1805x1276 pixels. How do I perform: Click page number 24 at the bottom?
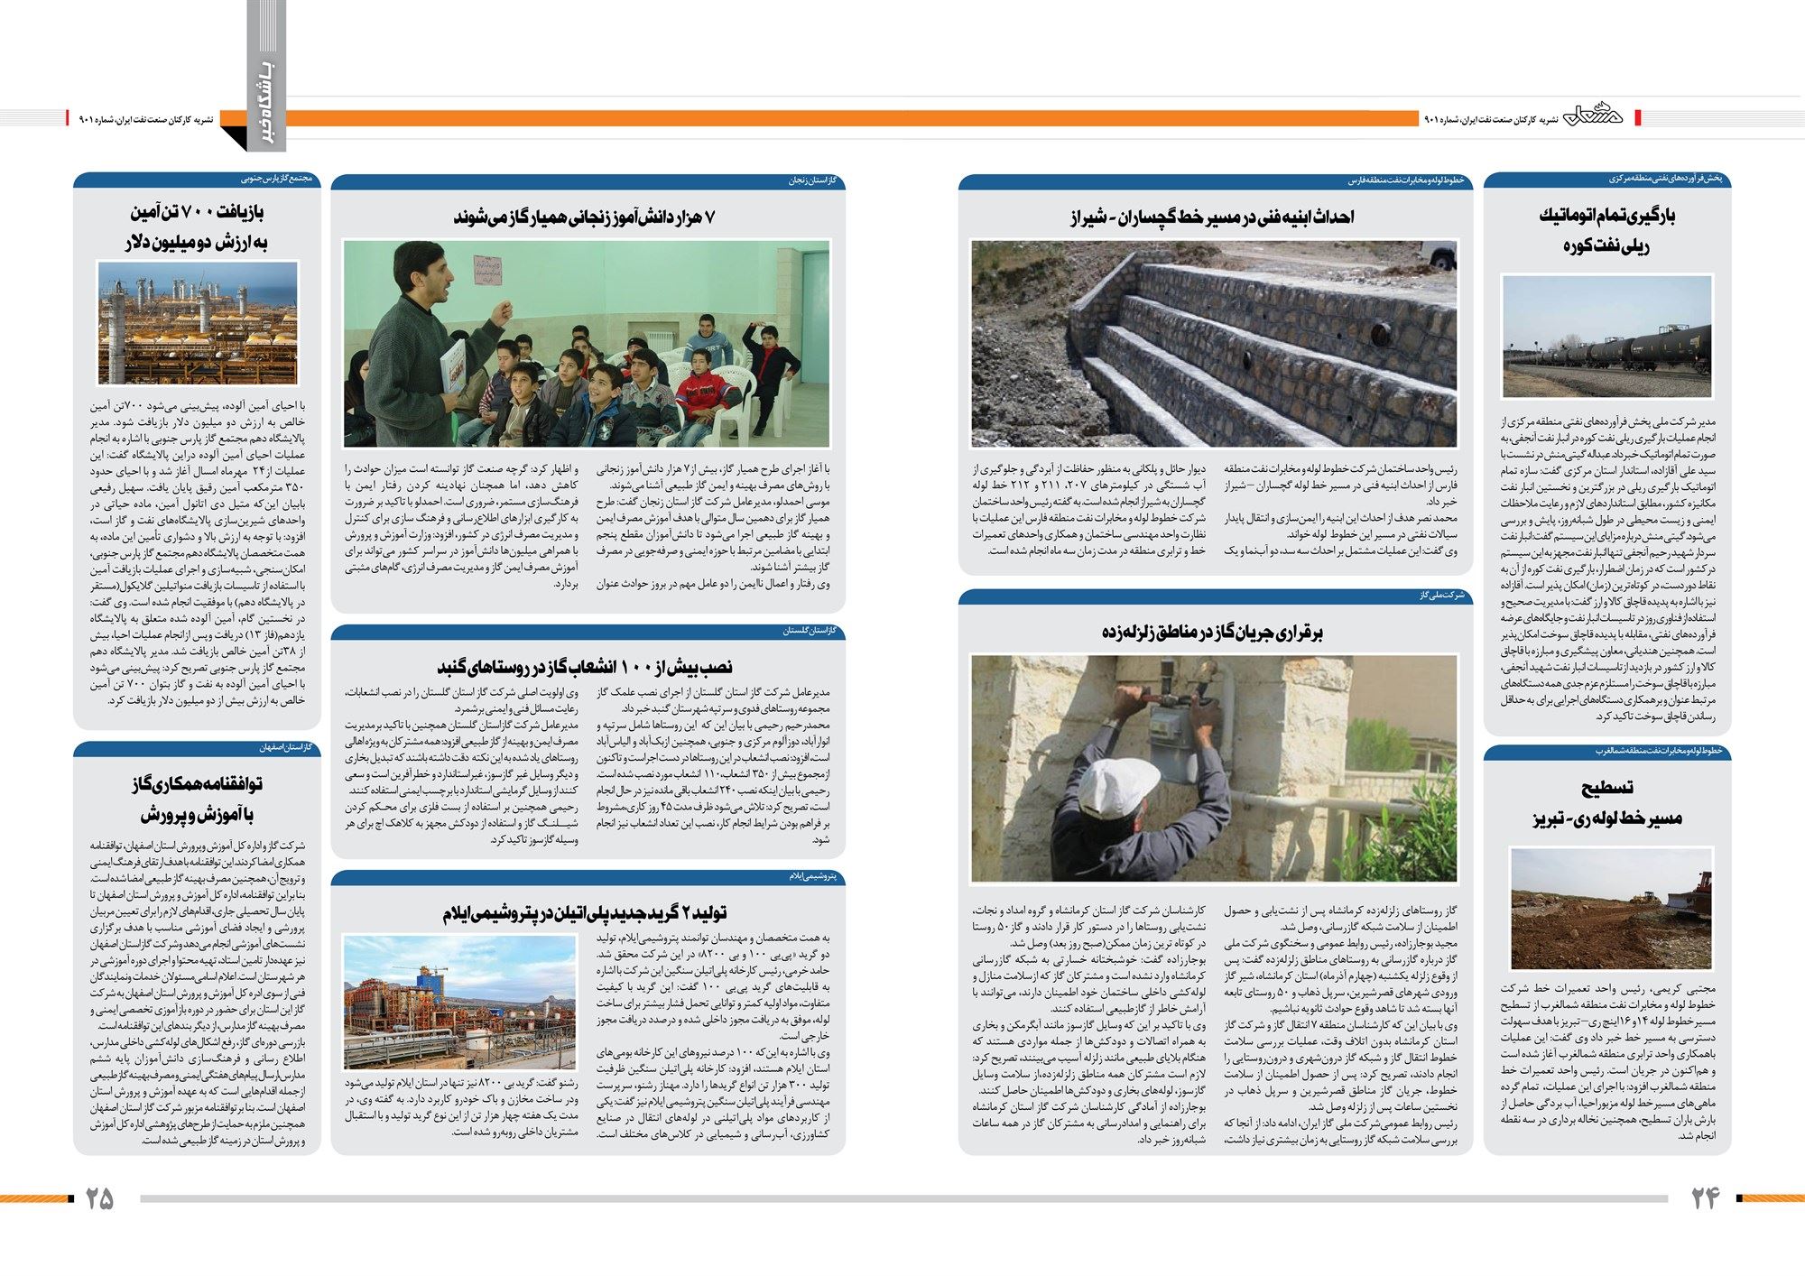1705,1198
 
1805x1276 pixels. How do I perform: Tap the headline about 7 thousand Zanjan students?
585,217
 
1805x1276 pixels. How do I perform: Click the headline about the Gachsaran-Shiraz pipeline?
1212,217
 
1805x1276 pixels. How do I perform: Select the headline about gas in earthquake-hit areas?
1212,632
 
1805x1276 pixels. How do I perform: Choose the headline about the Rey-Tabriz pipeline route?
1606,802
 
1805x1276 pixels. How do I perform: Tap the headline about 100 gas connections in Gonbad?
585,667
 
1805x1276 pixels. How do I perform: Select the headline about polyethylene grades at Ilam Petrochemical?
585,912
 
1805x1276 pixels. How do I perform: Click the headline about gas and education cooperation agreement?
197,798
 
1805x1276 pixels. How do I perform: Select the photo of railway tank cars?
1606,337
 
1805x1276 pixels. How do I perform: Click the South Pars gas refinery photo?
198,323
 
